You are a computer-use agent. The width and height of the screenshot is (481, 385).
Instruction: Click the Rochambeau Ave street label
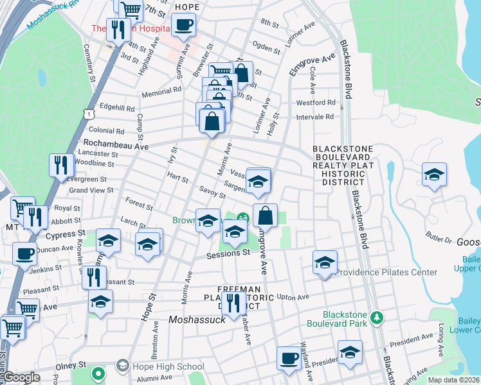pos(113,146)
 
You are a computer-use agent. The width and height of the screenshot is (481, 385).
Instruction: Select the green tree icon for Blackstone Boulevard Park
pos(378,317)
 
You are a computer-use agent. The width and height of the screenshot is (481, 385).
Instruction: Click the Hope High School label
pos(168,366)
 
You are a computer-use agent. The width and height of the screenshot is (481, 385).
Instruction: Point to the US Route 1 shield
pos(88,114)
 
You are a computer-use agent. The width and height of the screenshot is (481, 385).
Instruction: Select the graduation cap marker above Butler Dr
pos(434,175)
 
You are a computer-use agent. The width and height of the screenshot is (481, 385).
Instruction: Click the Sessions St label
pos(228,253)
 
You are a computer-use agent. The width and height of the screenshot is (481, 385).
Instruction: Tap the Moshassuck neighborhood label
pos(196,319)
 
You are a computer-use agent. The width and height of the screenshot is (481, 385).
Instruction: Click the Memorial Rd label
pos(163,92)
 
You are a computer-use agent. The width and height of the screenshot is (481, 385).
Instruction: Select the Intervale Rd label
pos(315,117)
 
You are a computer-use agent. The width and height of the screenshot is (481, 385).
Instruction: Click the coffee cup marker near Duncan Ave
pos(25,253)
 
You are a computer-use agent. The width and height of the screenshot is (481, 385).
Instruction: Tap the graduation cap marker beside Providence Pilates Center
pos(325,262)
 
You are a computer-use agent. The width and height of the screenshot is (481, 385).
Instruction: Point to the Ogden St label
pos(267,49)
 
